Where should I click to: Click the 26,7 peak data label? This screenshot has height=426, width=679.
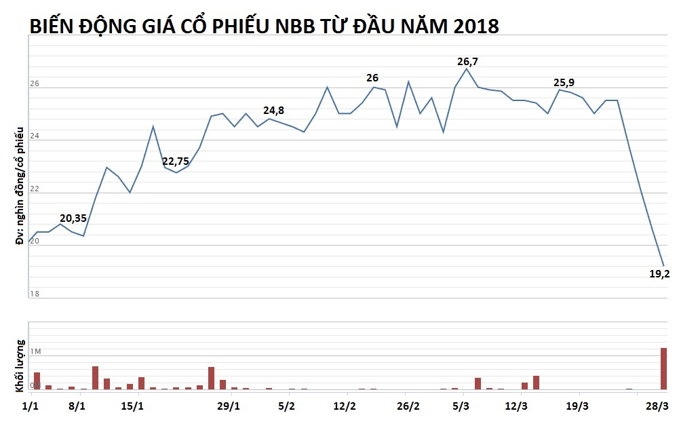point(467,62)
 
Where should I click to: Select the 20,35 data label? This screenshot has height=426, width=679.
point(73,218)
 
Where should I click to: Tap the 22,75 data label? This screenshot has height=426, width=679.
point(176,161)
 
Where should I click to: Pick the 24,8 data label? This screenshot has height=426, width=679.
point(274,111)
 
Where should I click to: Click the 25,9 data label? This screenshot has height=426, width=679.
point(564,83)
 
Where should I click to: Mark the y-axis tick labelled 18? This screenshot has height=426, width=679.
point(34,294)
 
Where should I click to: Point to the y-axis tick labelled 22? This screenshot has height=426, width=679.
point(34,189)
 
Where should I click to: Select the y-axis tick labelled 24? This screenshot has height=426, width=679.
point(34,136)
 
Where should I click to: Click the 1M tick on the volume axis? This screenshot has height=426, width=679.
point(36,351)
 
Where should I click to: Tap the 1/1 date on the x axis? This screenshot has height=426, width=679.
point(30,406)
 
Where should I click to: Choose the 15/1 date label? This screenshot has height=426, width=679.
point(132,406)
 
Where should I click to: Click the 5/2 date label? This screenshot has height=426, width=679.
point(287,406)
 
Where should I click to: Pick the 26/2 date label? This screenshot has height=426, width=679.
point(408,406)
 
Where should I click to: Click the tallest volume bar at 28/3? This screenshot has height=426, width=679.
point(663,369)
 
